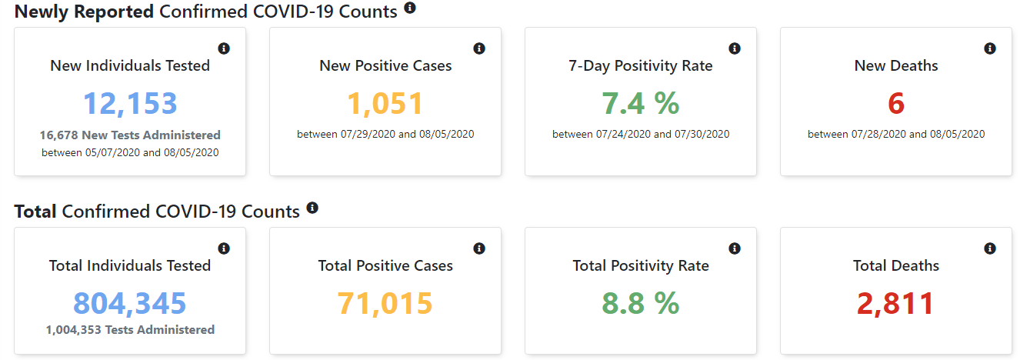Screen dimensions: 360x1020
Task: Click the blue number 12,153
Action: [x=130, y=104]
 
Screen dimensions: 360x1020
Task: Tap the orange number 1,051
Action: [x=385, y=104]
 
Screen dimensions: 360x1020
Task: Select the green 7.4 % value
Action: [x=641, y=104]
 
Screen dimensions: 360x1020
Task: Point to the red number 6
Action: [x=896, y=104]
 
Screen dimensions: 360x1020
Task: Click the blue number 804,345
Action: [x=130, y=303]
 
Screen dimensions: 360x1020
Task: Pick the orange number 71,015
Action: [x=385, y=303]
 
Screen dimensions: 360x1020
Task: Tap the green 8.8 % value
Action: [x=641, y=303]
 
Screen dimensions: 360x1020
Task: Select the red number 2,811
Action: [x=896, y=303]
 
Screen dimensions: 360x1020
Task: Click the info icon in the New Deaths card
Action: [x=990, y=48]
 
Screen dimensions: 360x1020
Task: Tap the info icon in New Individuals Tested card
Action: [x=224, y=48]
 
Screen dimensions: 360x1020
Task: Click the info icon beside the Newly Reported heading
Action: [x=410, y=8]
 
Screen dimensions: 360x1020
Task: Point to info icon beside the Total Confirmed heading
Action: [x=312, y=208]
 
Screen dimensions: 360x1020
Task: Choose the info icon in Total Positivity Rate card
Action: [x=735, y=248]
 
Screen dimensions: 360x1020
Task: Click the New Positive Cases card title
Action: [x=385, y=65]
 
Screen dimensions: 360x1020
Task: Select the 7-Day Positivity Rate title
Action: [x=641, y=65]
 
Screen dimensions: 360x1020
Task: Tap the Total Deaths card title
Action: [x=896, y=265]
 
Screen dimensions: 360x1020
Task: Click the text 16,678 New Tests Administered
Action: [x=130, y=135]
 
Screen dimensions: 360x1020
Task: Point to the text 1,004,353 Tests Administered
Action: [x=130, y=329]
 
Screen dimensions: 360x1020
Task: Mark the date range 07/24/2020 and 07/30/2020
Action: [x=641, y=134]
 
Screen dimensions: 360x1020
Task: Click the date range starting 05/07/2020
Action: [x=130, y=152]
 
